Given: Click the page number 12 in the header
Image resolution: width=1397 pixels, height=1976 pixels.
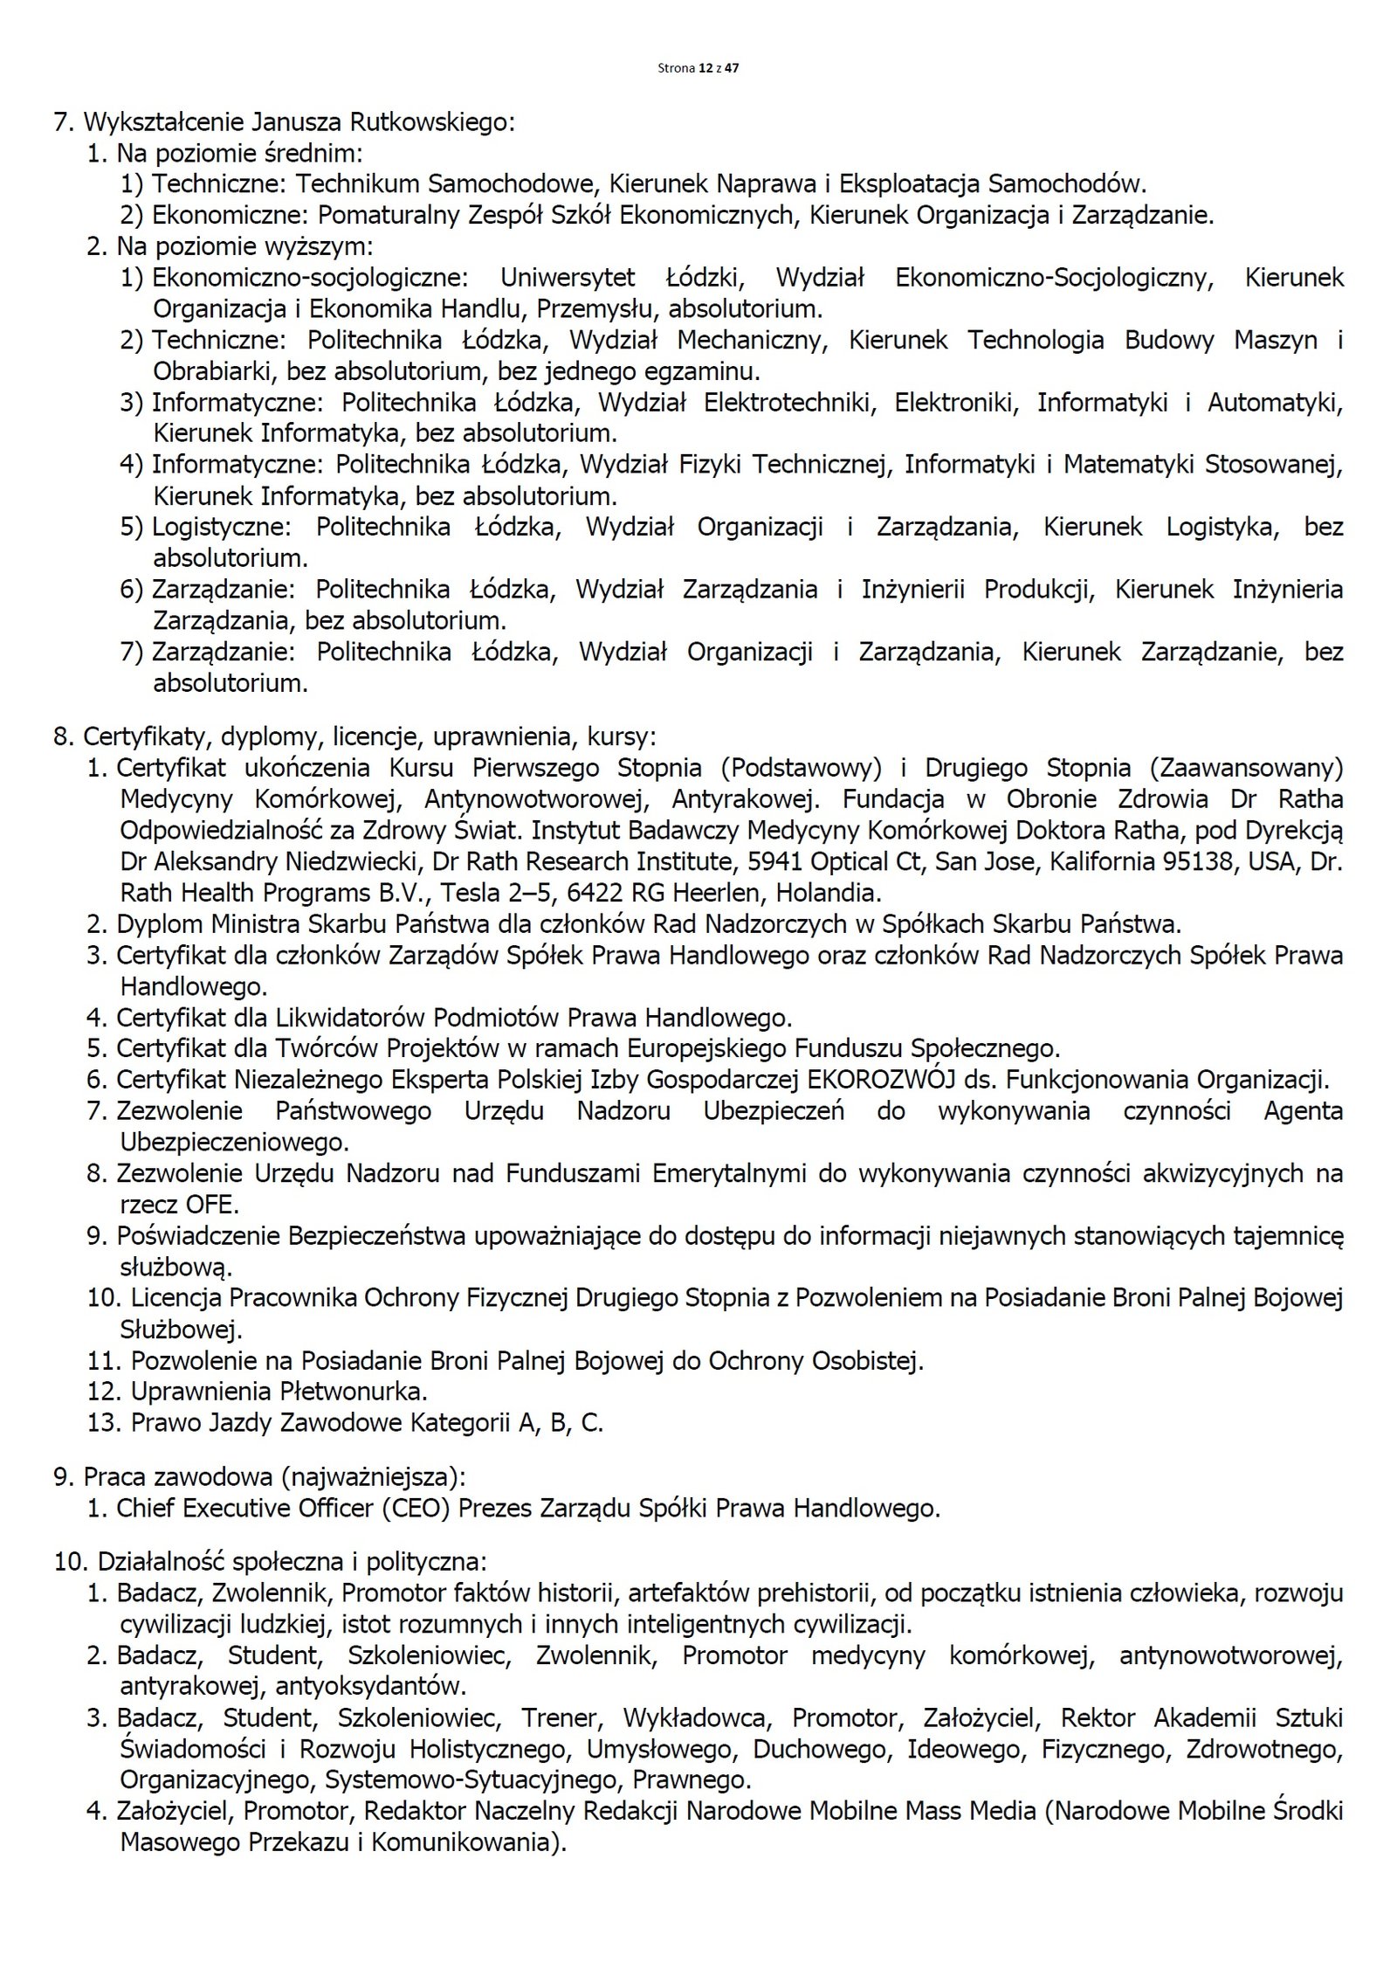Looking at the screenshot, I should [x=705, y=68].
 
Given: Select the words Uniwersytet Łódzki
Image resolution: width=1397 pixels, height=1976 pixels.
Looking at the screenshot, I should [x=622, y=278].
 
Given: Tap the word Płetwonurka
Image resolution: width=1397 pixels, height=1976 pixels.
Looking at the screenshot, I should [x=354, y=1391].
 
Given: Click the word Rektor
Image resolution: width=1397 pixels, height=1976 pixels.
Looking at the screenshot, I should [x=1098, y=1717].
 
